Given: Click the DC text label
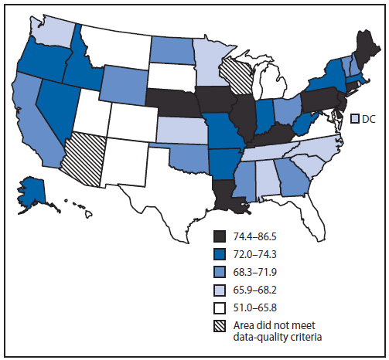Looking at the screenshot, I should point(370,119).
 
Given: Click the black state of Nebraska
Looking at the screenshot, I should point(172,100).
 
